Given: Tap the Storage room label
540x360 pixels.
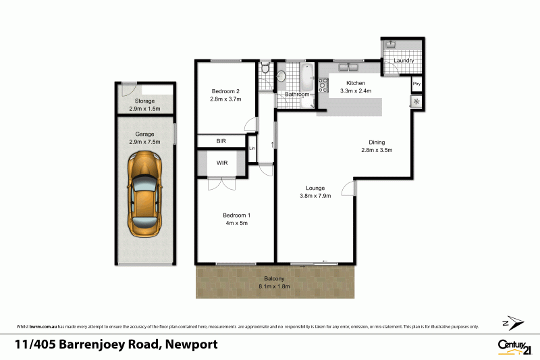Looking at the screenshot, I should [x=145, y=101].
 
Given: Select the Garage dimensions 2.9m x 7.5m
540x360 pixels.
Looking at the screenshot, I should [x=145, y=143].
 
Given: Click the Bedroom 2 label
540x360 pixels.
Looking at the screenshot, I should [x=225, y=91].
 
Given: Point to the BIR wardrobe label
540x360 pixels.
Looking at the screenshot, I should [x=221, y=141].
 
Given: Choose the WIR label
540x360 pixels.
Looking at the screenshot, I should [x=221, y=163].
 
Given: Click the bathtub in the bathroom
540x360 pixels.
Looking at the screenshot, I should [x=307, y=77].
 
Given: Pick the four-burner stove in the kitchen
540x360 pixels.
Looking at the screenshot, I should [x=323, y=86].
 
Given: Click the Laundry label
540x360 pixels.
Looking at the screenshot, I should [x=404, y=61].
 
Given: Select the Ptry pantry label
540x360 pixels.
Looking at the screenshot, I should [x=416, y=84].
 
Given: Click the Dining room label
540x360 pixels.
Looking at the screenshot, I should [x=377, y=142].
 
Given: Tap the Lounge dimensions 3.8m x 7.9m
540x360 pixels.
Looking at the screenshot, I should [x=315, y=197].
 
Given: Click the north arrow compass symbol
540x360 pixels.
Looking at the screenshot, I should [x=514, y=322].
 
